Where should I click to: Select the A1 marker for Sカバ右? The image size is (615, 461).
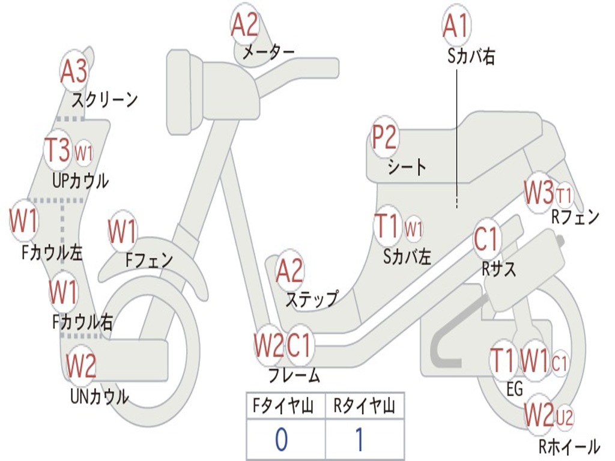pyautogui.click(x=455, y=25)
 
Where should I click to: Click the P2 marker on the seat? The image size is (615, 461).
pyautogui.click(x=384, y=137)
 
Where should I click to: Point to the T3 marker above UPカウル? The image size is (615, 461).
pyautogui.click(x=59, y=150)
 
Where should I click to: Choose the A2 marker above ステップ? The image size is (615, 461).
pyautogui.click(x=290, y=271)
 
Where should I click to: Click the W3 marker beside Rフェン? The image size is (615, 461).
pyautogui.click(x=538, y=192)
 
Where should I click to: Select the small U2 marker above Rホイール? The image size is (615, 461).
pyautogui.click(x=565, y=415)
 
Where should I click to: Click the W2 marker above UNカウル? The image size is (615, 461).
pyautogui.click(x=81, y=366)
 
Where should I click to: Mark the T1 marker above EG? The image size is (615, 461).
pyautogui.click(x=503, y=360)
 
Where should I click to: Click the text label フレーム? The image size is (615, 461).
pyautogui.click(x=294, y=376)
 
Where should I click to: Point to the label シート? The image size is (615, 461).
pyautogui.click(x=407, y=167)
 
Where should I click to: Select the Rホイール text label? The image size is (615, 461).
pyautogui.click(x=569, y=447)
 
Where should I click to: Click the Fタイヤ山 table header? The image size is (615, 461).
pyautogui.click(x=285, y=406)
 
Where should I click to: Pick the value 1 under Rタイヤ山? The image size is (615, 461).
pyautogui.click(x=359, y=440)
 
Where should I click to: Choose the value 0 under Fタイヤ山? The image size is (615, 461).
pyautogui.click(x=281, y=440)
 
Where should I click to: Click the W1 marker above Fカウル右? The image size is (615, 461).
pyautogui.click(x=64, y=293)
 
